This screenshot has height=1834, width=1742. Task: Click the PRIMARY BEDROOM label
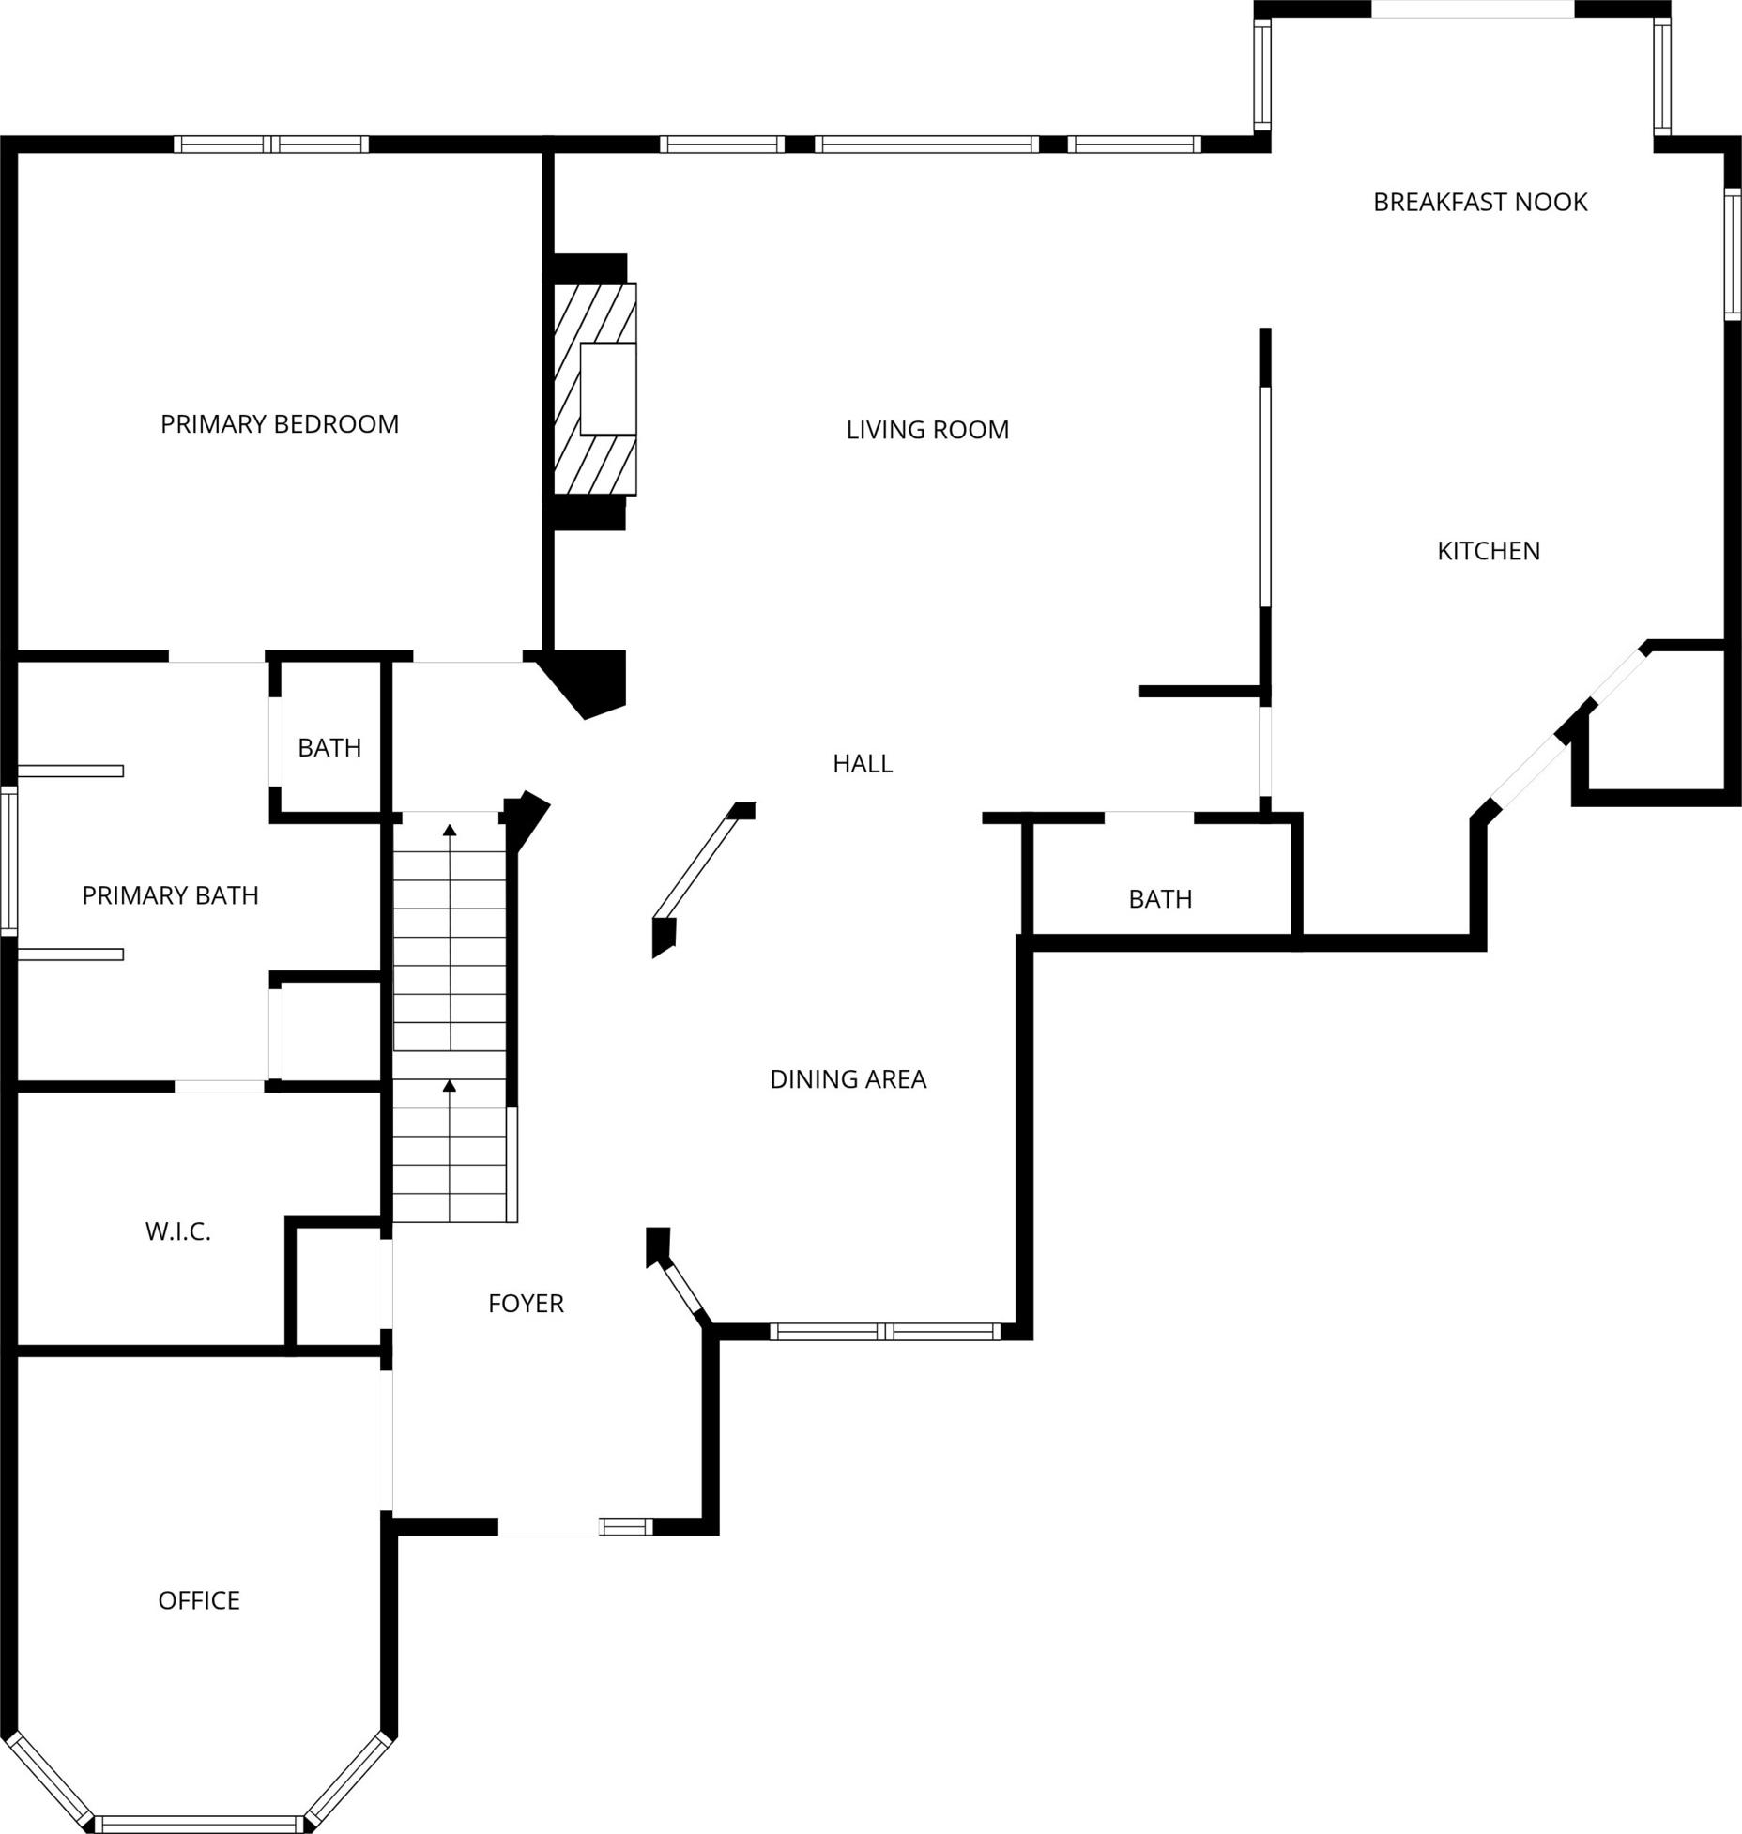click(x=280, y=424)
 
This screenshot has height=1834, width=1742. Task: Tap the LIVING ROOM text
click(x=927, y=430)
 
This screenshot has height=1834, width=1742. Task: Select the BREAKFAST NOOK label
click(x=1480, y=202)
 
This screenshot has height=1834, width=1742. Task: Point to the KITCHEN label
click(x=1489, y=551)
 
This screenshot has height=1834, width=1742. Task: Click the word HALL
click(x=863, y=764)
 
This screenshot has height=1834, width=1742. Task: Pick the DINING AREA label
click(x=848, y=1079)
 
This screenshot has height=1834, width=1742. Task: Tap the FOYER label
click(x=526, y=1304)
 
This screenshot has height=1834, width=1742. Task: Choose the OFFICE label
click(x=199, y=1600)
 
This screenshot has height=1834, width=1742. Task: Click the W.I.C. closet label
click(x=178, y=1231)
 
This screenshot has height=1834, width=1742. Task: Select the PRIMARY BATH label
click(x=170, y=895)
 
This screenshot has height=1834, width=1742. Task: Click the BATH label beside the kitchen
click(x=1160, y=899)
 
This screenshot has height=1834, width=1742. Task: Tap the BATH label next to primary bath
click(x=329, y=748)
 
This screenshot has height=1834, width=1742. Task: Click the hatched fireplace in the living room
click(x=595, y=389)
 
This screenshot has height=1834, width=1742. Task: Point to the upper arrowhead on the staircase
click(x=450, y=830)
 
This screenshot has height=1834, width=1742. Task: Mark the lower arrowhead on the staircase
click(x=450, y=1086)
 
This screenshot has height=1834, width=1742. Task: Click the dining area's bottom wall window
click(x=886, y=1331)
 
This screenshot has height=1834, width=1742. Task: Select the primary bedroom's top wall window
click(x=271, y=145)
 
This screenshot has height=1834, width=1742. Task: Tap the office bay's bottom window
click(x=200, y=1825)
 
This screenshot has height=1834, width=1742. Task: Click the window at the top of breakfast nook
click(x=1473, y=9)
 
